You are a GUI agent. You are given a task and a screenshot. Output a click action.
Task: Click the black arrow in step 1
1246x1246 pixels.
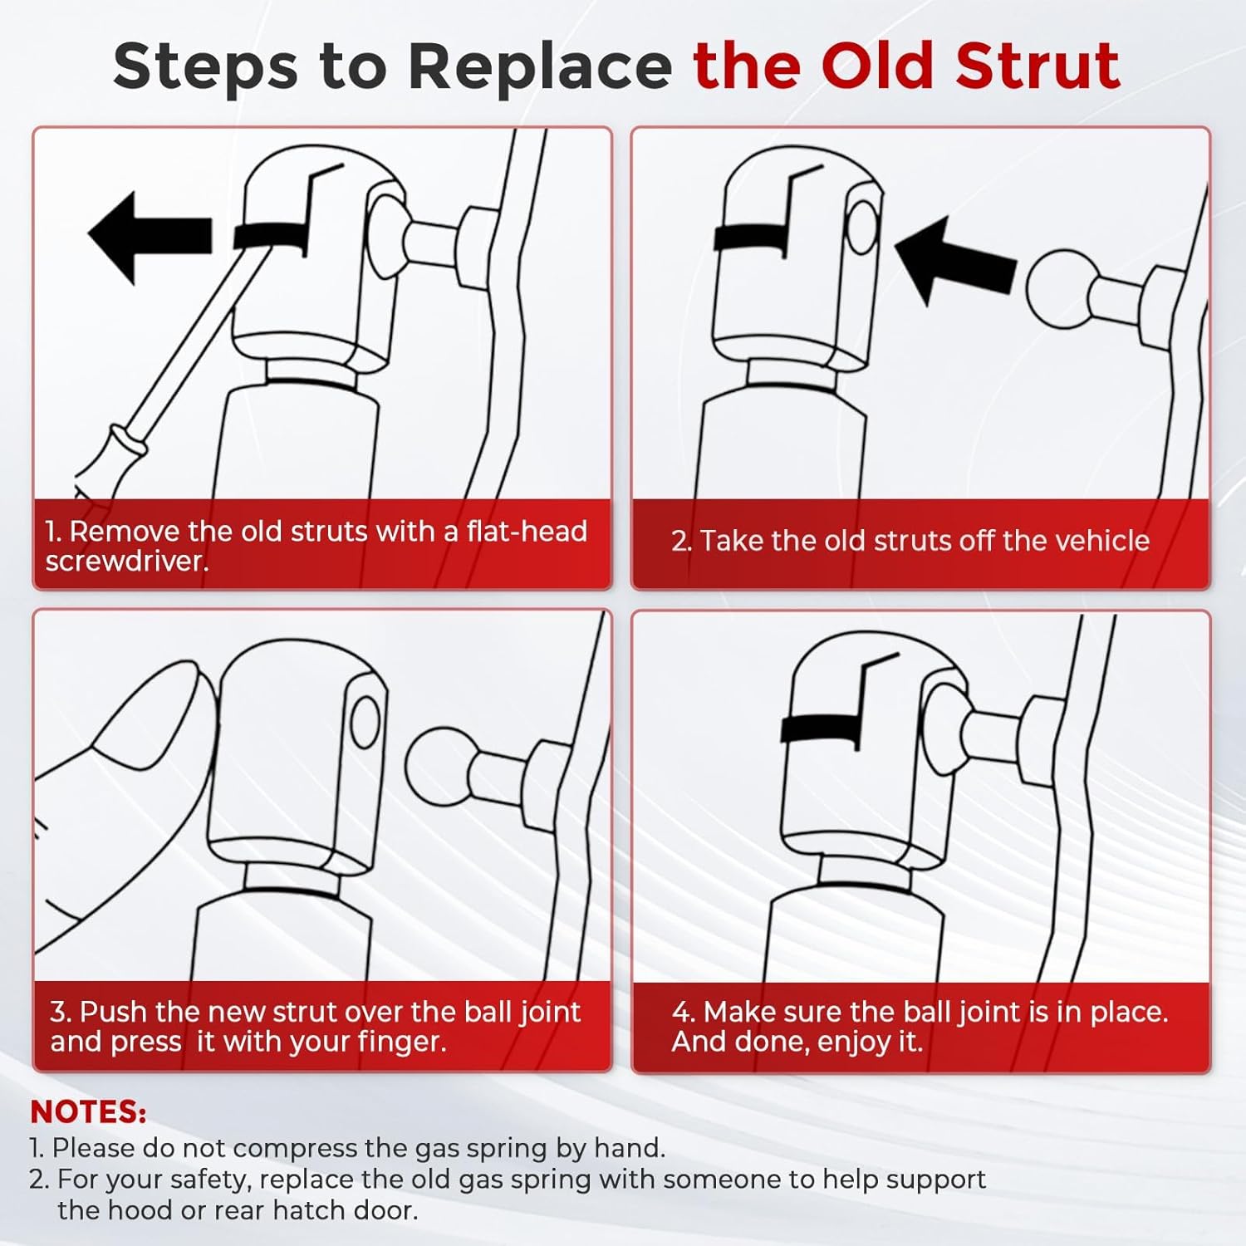[150, 237]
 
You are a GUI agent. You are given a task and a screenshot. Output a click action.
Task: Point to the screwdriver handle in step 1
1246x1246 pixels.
[104, 465]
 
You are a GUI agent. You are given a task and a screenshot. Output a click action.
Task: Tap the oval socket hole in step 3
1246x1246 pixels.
[365, 721]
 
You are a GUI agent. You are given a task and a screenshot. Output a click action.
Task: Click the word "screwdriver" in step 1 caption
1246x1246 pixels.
[127, 562]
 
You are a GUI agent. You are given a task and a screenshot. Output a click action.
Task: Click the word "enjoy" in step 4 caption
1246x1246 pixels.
[856, 1042]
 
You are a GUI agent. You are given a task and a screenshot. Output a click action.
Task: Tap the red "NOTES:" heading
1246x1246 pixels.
[88, 1111]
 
